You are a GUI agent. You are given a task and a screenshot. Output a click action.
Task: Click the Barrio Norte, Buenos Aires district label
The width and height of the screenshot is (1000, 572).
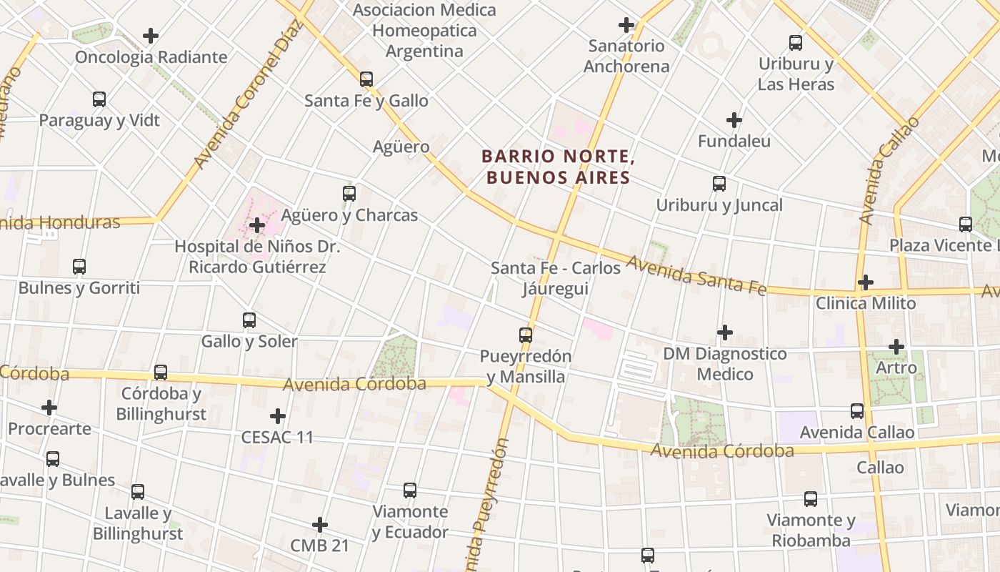click(x=557, y=167)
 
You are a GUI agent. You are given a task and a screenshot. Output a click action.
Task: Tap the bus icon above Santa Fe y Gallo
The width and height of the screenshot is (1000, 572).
click(x=366, y=79)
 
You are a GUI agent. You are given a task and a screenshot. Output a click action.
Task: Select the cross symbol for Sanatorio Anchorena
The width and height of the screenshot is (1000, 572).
click(x=626, y=25)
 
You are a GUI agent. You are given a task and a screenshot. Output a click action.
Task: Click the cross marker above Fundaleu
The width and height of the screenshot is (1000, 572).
click(x=734, y=120)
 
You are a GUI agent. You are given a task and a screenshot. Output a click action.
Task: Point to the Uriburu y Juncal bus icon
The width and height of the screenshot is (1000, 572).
click(x=719, y=184)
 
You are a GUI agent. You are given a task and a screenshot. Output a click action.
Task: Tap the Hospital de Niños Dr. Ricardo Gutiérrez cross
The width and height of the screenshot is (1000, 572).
click(x=257, y=226)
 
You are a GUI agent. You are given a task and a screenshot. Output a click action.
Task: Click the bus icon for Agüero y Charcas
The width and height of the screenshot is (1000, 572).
click(x=349, y=194)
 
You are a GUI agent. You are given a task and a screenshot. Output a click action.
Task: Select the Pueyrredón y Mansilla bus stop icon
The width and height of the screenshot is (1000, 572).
click(x=526, y=335)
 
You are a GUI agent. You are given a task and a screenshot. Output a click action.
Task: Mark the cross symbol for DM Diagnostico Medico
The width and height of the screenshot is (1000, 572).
click(x=725, y=332)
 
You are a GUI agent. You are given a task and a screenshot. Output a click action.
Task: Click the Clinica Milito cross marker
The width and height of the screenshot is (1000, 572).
click(x=866, y=282)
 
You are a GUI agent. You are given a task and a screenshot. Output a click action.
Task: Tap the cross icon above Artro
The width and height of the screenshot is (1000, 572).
click(x=896, y=347)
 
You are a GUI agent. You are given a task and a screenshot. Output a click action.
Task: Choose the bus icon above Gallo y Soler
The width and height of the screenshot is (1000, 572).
click(x=249, y=320)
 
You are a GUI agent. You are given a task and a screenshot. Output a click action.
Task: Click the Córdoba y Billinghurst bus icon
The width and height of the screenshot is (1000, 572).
click(x=161, y=373)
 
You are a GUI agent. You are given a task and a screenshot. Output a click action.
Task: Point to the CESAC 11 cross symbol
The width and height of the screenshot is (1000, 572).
click(x=278, y=416)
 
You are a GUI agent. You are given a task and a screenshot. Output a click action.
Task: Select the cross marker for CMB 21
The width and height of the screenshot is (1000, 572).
click(x=320, y=525)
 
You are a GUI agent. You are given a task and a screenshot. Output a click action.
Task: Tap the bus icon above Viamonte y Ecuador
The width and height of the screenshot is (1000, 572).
click(x=410, y=490)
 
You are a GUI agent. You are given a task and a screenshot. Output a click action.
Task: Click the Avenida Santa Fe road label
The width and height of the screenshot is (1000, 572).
click(x=696, y=275)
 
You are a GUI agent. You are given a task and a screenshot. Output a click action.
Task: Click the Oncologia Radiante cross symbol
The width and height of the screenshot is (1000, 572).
click(x=151, y=35)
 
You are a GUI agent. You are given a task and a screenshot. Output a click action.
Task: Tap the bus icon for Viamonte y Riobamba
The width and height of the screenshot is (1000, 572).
click(x=811, y=499)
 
